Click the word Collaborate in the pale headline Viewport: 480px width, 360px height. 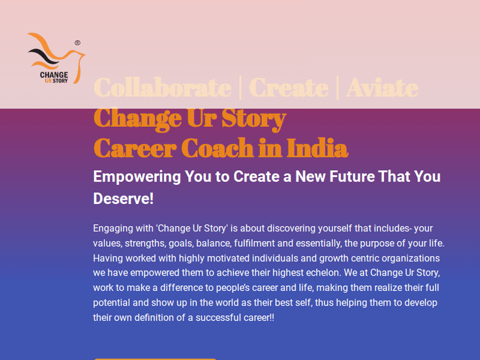(x=163, y=88)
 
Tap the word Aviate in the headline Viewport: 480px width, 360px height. (x=382, y=88)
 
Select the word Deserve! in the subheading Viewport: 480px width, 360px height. (x=124, y=199)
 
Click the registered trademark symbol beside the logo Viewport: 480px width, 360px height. (x=77, y=43)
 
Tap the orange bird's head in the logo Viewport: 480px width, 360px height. (x=78, y=54)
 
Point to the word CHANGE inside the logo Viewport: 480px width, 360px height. (x=54, y=75)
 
